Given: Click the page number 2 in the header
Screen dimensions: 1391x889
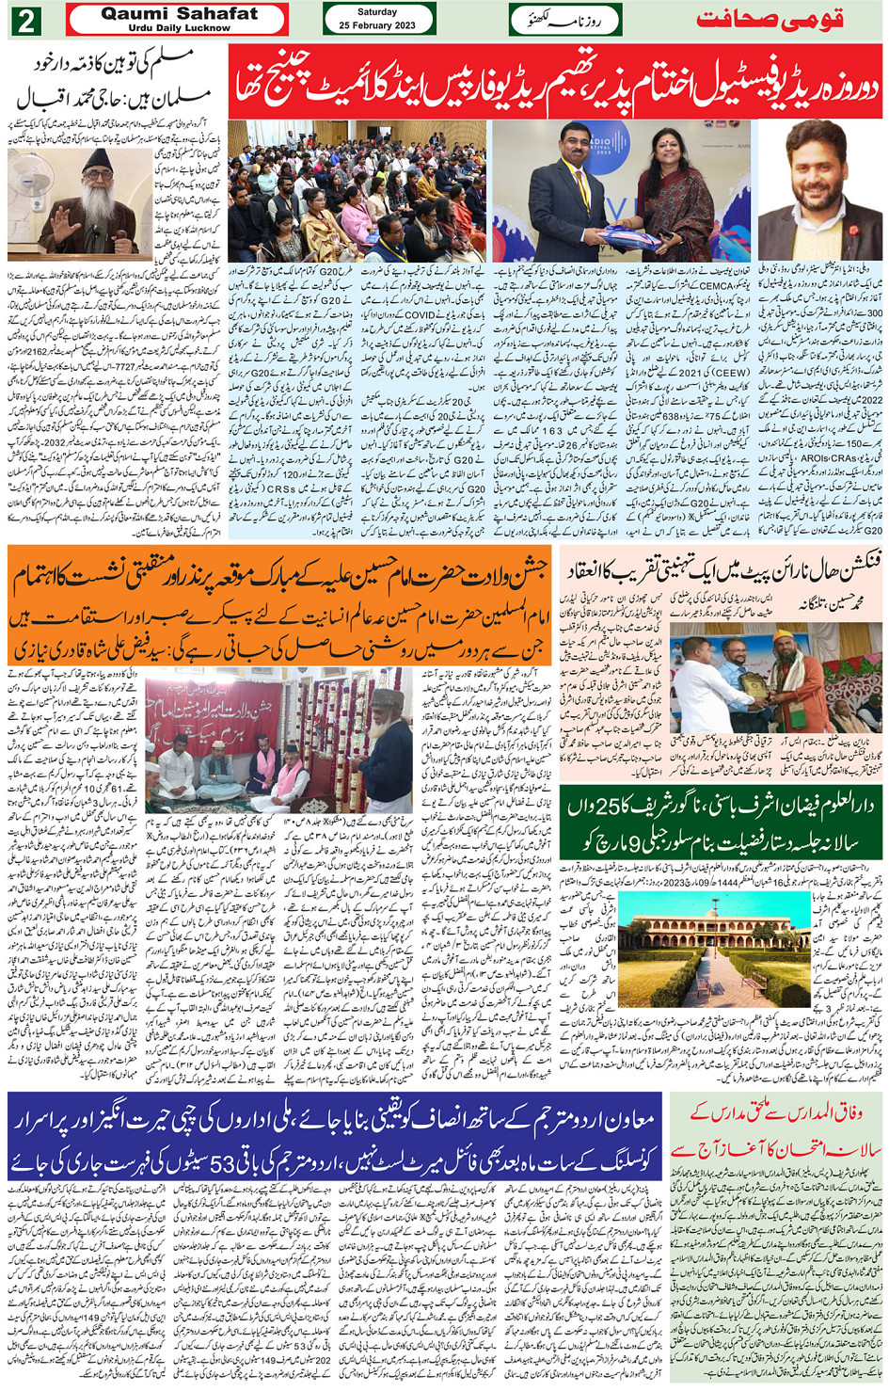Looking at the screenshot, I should [x=25, y=21].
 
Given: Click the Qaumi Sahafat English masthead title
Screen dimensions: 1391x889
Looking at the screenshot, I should [x=178, y=14].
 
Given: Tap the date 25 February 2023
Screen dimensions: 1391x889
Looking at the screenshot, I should [x=378, y=24].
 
